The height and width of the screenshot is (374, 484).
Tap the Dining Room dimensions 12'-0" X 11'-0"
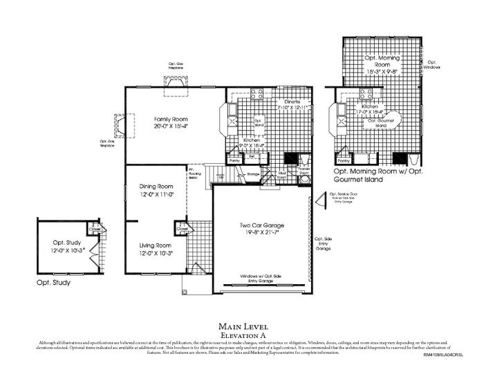tap(156, 195)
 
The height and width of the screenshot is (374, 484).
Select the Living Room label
tap(156, 245)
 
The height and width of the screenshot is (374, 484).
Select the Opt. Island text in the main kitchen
tap(260, 122)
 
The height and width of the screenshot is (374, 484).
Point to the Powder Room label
tap(304, 171)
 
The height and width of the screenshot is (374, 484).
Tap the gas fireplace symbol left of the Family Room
tap(118, 127)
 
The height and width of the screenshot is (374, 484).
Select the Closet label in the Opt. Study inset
tap(95, 228)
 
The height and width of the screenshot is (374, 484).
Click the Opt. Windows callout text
tap(434, 64)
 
